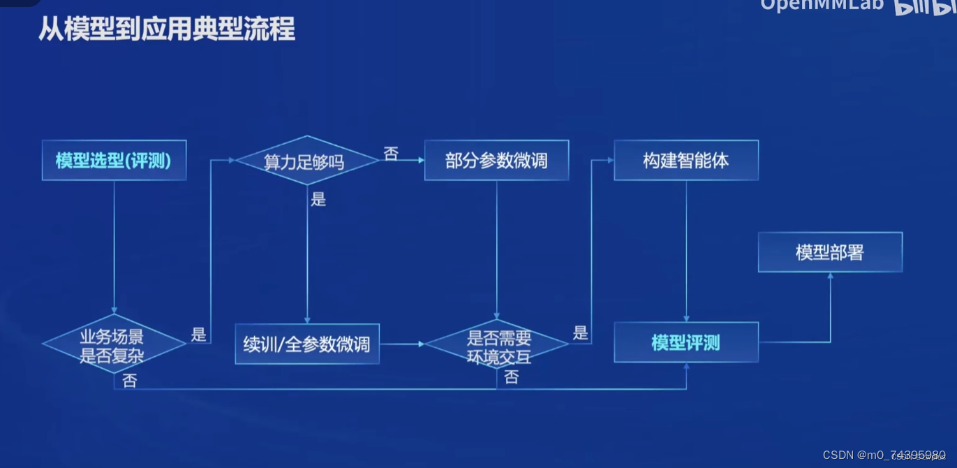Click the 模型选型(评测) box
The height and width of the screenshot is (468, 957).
coord(114,161)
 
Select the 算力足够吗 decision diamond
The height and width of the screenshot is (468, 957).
coord(306,161)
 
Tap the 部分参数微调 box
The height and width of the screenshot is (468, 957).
coord(496,161)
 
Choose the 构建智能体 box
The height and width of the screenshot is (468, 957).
coord(685,161)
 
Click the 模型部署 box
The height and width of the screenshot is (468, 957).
coord(830,252)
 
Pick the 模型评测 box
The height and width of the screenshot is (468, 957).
coord(685,343)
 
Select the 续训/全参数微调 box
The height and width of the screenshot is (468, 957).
coord(306,344)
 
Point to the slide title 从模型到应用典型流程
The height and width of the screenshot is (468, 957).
coord(167,30)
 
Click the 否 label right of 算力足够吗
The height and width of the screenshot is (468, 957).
coord(392,153)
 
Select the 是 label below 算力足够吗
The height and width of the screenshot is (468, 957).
coord(319,200)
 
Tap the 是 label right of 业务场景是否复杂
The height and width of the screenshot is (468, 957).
coord(199,334)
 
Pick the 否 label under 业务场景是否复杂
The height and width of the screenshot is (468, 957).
coord(130,381)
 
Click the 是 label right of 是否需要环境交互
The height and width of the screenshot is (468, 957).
coord(580,333)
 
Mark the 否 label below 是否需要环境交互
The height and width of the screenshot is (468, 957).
coord(512,378)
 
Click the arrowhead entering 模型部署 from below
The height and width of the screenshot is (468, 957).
coord(830,276)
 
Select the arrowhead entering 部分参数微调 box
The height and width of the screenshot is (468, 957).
coord(421,161)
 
